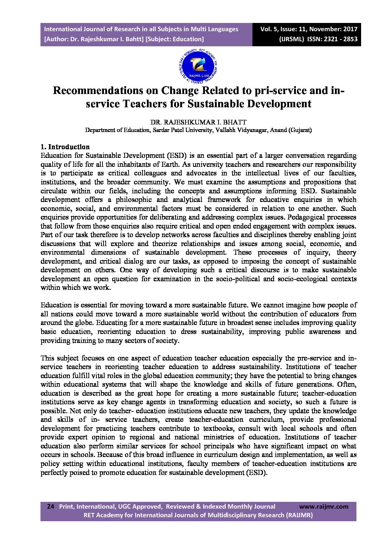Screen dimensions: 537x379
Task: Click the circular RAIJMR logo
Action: (x=198, y=65)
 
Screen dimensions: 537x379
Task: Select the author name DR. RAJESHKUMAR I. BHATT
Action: (x=198, y=122)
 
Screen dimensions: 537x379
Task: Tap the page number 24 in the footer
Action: (x=51, y=507)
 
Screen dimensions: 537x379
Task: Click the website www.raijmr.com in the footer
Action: (x=323, y=507)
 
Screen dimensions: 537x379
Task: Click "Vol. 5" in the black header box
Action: (x=269, y=29)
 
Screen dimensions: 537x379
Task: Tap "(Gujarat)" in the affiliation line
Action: (x=300, y=130)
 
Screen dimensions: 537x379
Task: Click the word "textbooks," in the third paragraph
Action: (x=219, y=428)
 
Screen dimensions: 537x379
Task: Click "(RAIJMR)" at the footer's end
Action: (x=299, y=515)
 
